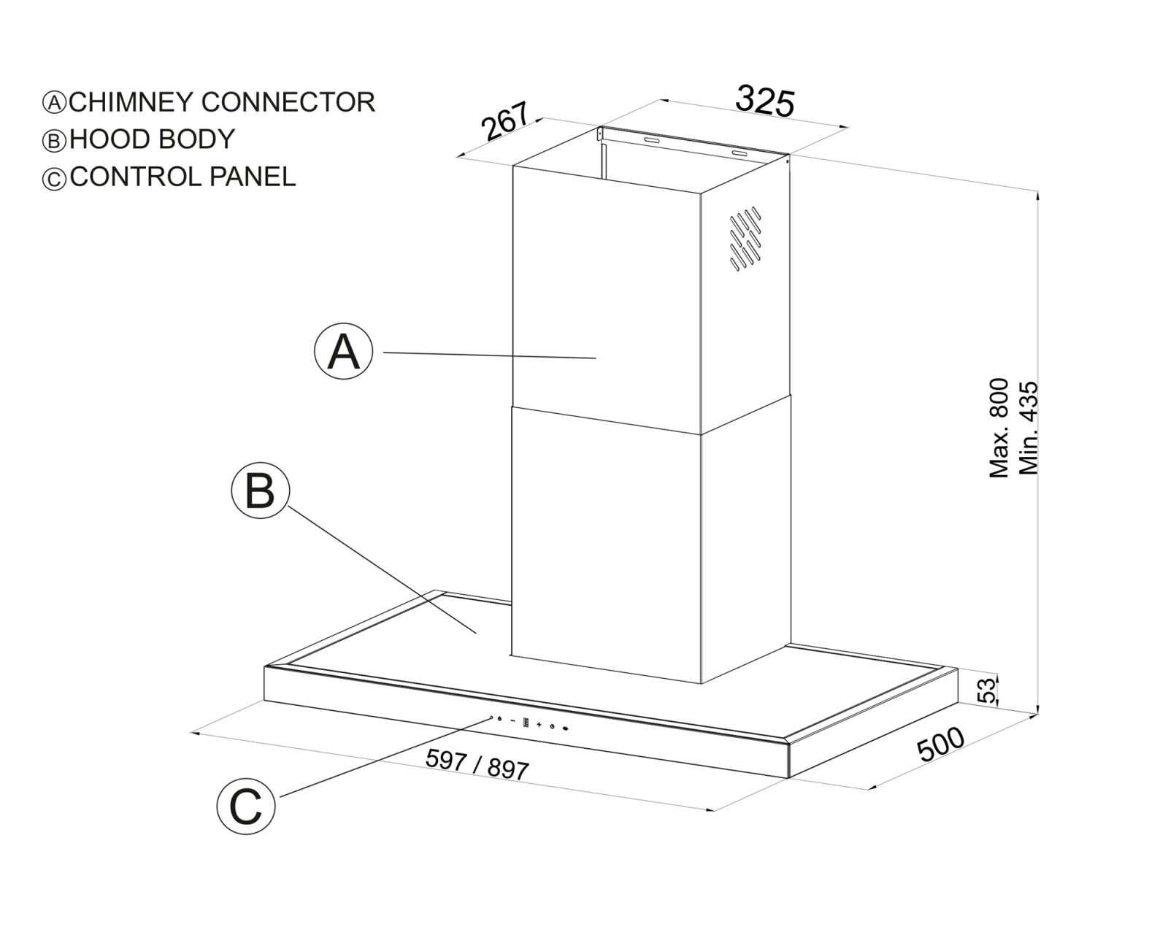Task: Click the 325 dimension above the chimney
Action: tap(765, 101)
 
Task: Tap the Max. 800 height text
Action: tap(999, 428)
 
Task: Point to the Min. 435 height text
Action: tap(1029, 428)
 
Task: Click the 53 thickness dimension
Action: tap(987, 690)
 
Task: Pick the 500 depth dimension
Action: tap(940, 744)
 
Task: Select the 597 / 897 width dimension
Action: tap(477, 764)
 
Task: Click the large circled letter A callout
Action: tap(344, 351)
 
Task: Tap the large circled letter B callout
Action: tap(261, 490)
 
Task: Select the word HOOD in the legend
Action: tap(109, 139)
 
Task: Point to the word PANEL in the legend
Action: tap(253, 177)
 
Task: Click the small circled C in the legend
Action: tap(54, 178)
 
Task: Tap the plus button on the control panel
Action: tap(539, 725)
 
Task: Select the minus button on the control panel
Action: tap(513, 720)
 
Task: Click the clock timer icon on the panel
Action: tap(552, 726)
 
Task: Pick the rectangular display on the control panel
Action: tap(526, 723)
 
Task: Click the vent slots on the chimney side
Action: tap(745, 239)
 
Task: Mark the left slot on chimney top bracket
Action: tap(652, 141)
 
